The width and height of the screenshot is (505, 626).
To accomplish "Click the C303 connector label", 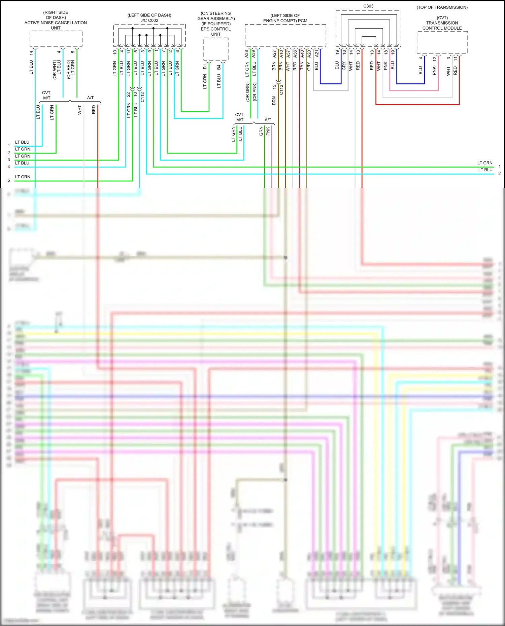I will (x=368, y=6).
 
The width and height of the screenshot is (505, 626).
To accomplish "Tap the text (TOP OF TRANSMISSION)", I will (x=442, y=7).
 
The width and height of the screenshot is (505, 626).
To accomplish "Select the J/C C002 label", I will (x=149, y=21).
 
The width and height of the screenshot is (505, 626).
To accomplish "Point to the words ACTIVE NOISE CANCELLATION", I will (x=56, y=23).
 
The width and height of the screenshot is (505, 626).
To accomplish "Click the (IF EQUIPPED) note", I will (x=216, y=24).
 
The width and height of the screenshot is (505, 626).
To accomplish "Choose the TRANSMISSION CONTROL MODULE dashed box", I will (x=442, y=42).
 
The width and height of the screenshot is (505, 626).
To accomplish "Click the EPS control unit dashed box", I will (x=216, y=49).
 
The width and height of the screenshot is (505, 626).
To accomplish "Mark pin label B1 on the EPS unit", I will (x=205, y=67).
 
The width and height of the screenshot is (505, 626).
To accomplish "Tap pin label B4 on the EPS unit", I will (x=219, y=67).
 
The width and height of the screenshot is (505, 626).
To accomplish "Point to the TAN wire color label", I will (x=302, y=66).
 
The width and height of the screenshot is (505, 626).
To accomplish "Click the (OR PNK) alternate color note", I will (x=255, y=92).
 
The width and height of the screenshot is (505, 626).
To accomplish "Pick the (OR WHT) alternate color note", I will (x=55, y=70).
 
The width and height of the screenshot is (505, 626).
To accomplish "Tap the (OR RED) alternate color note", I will (x=69, y=70).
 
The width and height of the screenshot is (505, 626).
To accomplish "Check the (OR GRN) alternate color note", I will (x=248, y=92).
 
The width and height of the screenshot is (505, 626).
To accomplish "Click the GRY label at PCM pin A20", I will (x=309, y=66).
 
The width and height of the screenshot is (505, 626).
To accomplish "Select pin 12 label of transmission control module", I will (x=435, y=59).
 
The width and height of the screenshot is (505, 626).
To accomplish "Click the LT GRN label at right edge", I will (x=484, y=163).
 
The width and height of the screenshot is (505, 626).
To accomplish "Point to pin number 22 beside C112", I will (x=129, y=95).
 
